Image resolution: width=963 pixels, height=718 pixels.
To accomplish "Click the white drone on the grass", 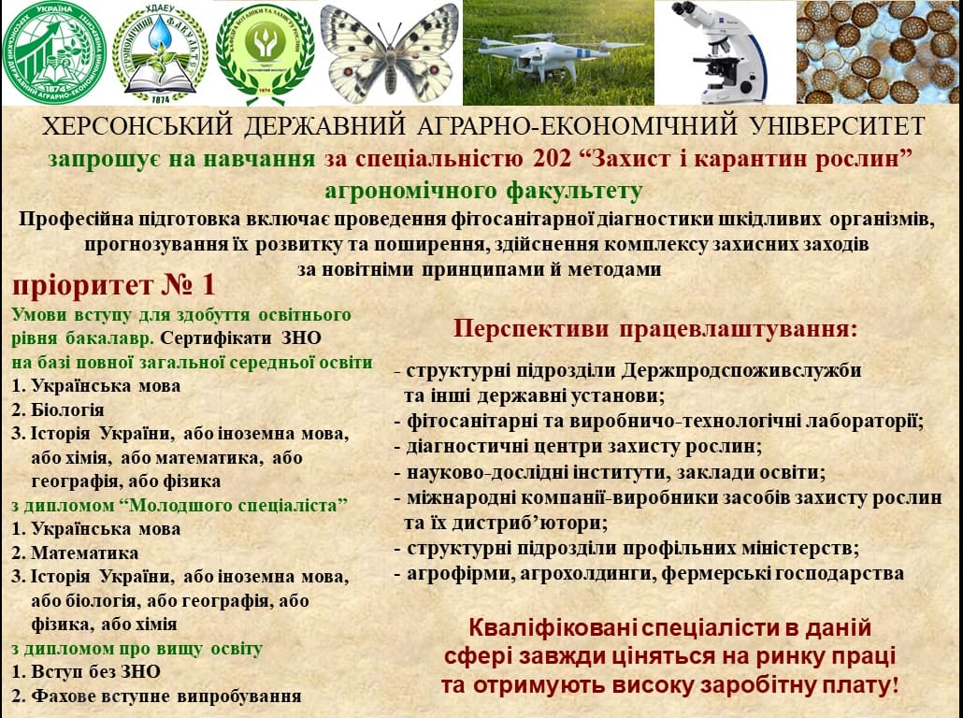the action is click(x=539, y=54).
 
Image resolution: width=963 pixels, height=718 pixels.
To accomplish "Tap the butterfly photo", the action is click(x=390, y=52).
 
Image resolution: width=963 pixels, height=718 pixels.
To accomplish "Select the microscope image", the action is click(x=725, y=52).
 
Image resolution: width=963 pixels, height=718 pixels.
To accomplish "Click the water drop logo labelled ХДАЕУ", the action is click(x=160, y=54).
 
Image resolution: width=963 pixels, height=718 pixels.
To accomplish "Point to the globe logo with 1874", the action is click(x=54, y=52).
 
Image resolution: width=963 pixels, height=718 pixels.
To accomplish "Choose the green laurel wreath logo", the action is click(x=265, y=54).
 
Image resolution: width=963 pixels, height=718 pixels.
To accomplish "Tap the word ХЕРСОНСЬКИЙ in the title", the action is click(x=137, y=126).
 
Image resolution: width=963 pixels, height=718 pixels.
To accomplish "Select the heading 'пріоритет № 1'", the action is click(x=114, y=285).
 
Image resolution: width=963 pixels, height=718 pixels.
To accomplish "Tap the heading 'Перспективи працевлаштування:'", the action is click(x=655, y=329).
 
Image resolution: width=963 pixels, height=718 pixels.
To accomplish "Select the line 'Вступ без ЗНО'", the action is click(x=95, y=672).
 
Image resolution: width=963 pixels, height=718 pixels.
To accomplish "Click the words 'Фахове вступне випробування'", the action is click(x=165, y=696).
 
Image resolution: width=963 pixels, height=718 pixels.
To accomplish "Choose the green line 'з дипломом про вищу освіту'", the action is click(x=137, y=649).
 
